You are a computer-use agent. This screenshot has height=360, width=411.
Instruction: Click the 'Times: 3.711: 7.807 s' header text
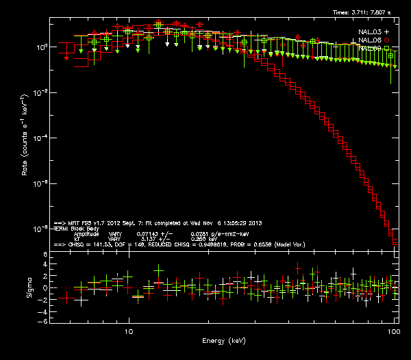pyautogui.click(x=362, y=12)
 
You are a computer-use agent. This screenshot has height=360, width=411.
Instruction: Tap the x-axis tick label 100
pyautogui.click(x=393, y=331)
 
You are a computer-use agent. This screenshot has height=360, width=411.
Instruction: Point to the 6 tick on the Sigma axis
pyautogui.click(x=45, y=255)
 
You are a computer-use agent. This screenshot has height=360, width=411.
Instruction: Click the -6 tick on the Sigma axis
pyautogui.click(x=43, y=321)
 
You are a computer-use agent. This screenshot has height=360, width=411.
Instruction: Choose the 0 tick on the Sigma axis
pyautogui.click(x=45, y=288)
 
